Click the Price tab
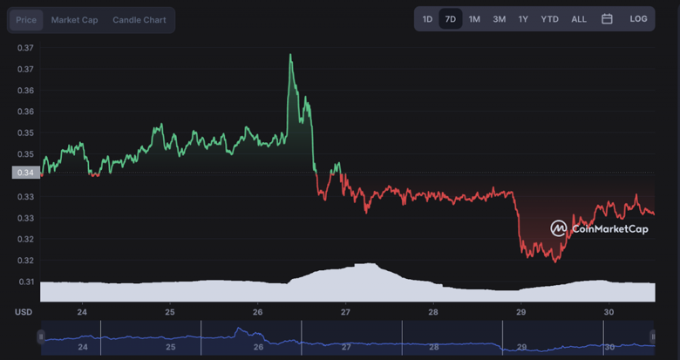pyautogui.click(x=26, y=20)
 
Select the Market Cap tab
pyautogui.click(x=74, y=20)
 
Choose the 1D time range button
pyautogui.click(x=427, y=19)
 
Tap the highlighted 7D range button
pyautogui.click(x=450, y=19)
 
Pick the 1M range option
pyautogui.click(x=474, y=19)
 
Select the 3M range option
pyautogui.click(x=499, y=19)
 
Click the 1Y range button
pyautogui.click(x=523, y=19)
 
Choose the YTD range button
pyautogui.click(x=549, y=19)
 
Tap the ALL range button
pyautogui.click(x=579, y=19)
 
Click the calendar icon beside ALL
pyautogui.click(x=607, y=19)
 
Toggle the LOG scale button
pyautogui.click(x=638, y=19)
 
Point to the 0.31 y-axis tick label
pyautogui.click(x=25, y=282)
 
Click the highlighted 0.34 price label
pyautogui.click(x=25, y=173)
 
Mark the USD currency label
pyautogui.click(x=24, y=312)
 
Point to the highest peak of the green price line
pyautogui.click(x=290, y=55)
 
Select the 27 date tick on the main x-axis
pyautogui.click(x=346, y=312)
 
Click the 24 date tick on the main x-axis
pyautogui.click(x=82, y=312)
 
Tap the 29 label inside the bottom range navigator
pyautogui.click(x=521, y=347)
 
